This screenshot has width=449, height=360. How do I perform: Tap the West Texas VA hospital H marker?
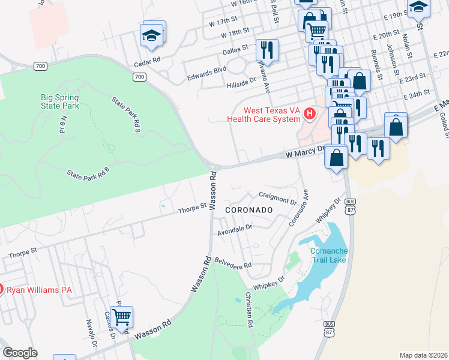(x=310, y=113)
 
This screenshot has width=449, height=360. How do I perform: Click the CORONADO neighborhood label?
(x=249, y=211)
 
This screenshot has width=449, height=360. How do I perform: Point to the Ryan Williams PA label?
(x=39, y=290)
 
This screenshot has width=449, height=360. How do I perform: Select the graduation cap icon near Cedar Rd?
(x=152, y=35)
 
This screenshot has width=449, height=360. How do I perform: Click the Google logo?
(x=20, y=352)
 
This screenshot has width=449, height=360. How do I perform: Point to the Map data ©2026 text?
(x=423, y=355)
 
